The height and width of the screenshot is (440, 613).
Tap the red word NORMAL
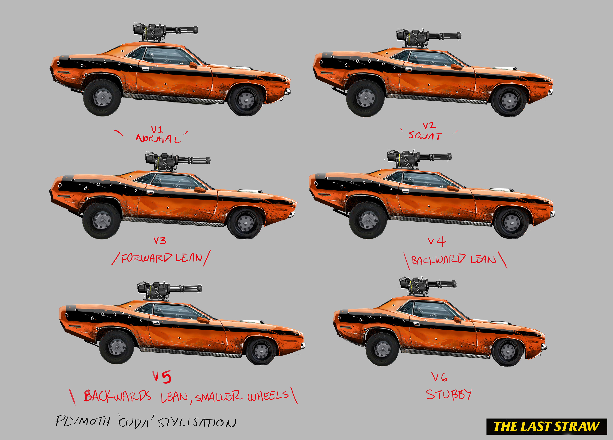[x=158, y=139]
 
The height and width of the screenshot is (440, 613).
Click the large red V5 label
[x=162, y=377]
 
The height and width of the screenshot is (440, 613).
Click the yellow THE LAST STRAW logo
[x=546, y=426]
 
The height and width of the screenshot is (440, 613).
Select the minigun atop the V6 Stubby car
[x=427, y=285]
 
